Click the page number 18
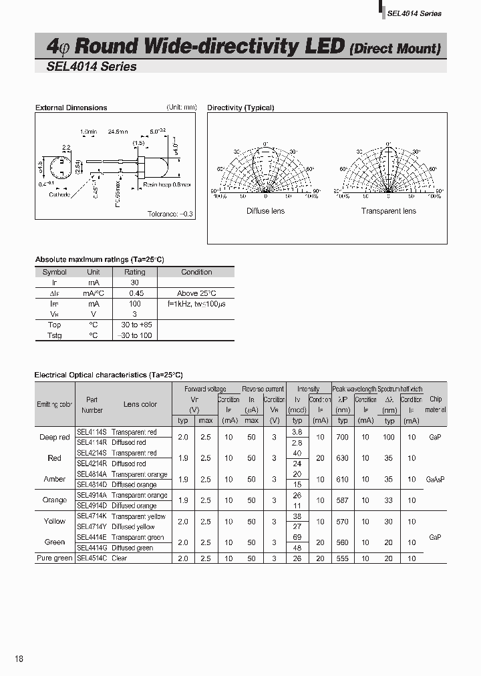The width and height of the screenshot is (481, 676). (19, 659)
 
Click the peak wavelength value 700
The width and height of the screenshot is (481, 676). (343, 437)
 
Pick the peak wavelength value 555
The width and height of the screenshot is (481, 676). (343, 558)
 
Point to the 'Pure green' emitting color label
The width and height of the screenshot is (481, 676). (54, 558)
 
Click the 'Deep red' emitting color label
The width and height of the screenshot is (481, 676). (54, 437)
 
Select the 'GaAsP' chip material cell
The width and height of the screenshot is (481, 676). (435, 479)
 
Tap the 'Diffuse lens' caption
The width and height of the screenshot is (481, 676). (265, 211)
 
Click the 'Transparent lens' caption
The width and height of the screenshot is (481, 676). (388, 211)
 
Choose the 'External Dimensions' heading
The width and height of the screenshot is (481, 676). (71, 108)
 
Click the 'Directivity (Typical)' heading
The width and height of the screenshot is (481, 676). (240, 108)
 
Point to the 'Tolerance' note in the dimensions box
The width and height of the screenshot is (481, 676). (170, 214)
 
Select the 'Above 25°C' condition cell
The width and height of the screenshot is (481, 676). (196, 293)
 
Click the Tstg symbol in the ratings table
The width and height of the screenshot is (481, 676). (55, 335)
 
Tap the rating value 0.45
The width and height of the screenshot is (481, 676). (135, 293)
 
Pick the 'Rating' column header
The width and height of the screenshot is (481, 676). (135, 272)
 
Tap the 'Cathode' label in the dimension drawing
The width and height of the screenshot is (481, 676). (59, 194)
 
